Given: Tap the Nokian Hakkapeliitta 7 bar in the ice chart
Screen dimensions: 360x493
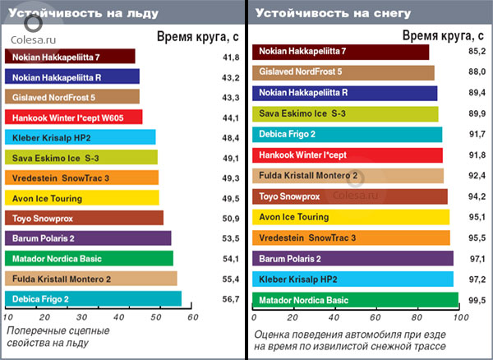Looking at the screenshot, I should (x=70, y=57).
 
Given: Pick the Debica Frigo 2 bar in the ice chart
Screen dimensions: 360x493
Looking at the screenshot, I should (x=93, y=298).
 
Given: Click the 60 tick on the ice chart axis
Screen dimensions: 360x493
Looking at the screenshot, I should (x=192, y=316).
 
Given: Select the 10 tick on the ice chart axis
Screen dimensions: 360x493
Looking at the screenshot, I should (x=8, y=316).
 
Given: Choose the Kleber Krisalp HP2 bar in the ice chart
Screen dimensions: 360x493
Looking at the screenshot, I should (x=81, y=137).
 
